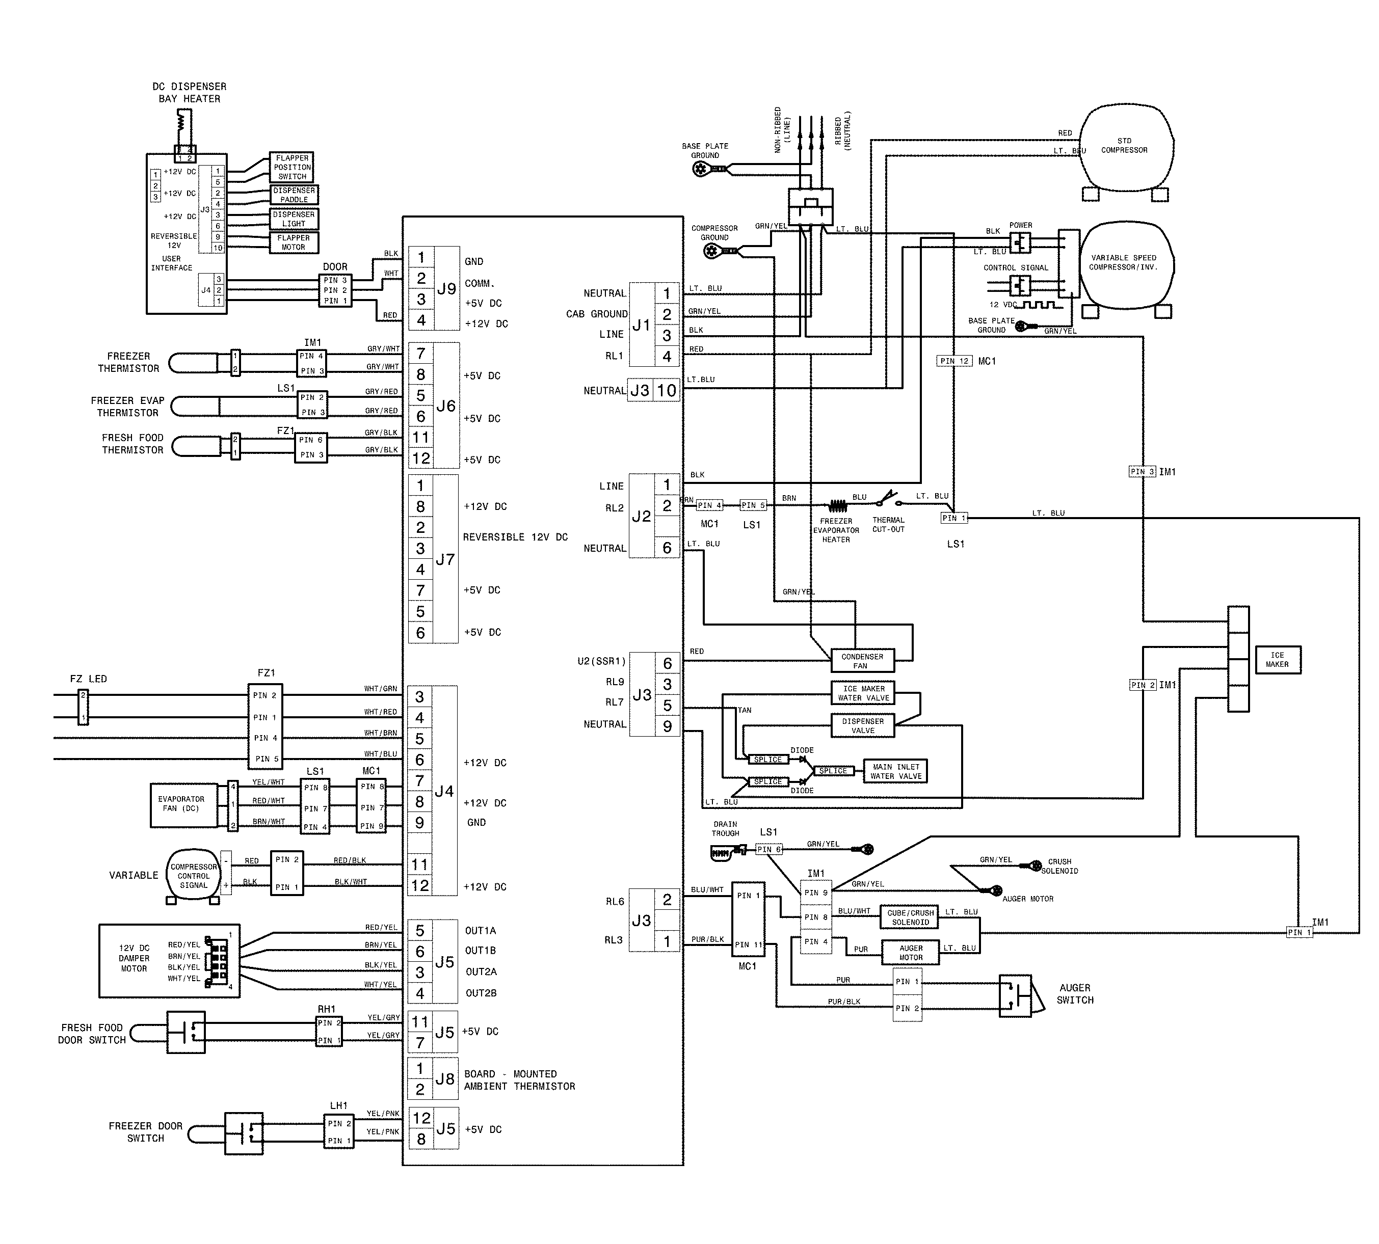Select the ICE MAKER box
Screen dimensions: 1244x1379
[1277, 660]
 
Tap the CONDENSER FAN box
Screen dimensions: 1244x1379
[861, 661]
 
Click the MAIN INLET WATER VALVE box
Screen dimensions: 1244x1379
[895, 771]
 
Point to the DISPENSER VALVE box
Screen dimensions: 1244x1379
[862, 726]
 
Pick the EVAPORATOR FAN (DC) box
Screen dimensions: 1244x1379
[181, 804]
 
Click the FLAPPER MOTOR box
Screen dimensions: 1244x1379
[294, 242]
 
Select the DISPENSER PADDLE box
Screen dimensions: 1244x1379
[294, 195]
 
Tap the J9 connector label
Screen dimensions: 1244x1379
[446, 288]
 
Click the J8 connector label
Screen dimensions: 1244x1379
[445, 1078]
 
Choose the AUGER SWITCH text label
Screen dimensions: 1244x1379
[1075, 994]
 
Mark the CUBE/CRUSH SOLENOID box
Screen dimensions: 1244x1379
[910, 917]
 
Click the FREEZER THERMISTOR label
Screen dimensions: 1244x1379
[128, 362]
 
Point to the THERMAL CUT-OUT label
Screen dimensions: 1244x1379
[888, 524]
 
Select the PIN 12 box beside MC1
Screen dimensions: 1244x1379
[954, 361]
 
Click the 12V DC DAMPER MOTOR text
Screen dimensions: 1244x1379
[134, 958]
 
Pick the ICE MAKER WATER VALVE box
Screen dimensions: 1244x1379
[863, 693]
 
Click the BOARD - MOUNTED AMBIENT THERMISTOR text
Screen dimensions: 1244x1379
[519, 1080]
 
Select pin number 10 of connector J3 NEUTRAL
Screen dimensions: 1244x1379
[667, 390]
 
